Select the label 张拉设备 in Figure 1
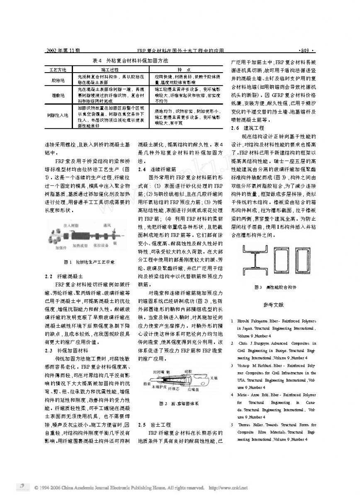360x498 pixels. pos(100,245)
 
